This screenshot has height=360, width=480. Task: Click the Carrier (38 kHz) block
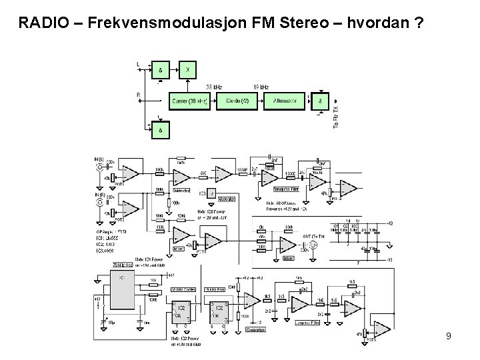191,101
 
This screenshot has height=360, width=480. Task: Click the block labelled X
189,69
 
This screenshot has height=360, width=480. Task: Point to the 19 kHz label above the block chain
262,87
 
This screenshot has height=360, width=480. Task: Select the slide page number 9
449,336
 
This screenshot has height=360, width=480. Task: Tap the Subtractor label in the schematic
182,189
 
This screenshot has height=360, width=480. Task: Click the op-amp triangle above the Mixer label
181,235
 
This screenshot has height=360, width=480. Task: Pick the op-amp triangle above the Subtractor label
181,177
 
